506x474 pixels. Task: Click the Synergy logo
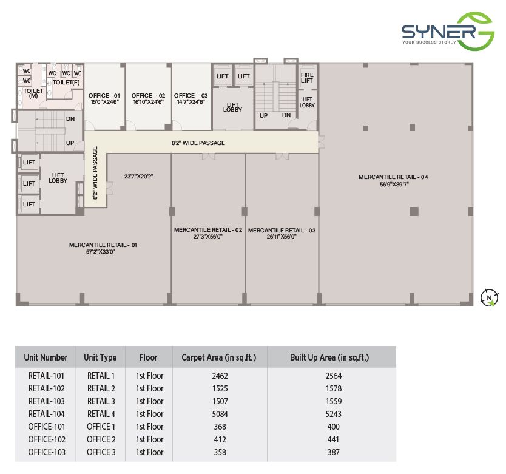pyautogui.click(x=448, y=32)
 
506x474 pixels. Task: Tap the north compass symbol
pyautogui.click(x=489, y=297)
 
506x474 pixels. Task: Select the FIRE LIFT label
pyautogui.click(x=307, y=78)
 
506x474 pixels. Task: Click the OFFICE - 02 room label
pyautogui.click(x=149, y=95)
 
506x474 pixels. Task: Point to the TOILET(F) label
pyautogui.click(x=66, y=83)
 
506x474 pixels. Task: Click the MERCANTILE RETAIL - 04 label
pyautogui.click(x=393, y=177)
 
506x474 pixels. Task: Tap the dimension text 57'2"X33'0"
pyautogui.click(x=101, y=252)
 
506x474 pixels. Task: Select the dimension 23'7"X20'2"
pyautogui.click(x=139, y=176)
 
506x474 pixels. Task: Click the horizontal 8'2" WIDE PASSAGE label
pyautogui.click(x=198, y=143)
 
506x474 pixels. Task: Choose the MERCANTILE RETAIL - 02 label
pyautogui.click(x=208, y=230)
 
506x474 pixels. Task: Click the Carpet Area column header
pyautogui.click(x=219, y=357)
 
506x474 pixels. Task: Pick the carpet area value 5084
pyautogui.click(x=220, y=414)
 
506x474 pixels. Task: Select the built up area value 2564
pyautogui.click(x=333, y=376)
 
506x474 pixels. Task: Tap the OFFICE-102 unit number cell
pyautogui.click(x=47, y=439)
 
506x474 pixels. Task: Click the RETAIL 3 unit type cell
pyautogui.click(x=101, y=401)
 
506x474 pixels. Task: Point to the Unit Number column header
pyautogui.click(x=46, y=357)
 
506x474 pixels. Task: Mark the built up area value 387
pyautogui.click(x=333, y=452)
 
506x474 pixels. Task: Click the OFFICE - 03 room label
pyautogui.click(x=191, y=95)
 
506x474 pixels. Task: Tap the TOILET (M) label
pyautogui.click(x=33, y=93)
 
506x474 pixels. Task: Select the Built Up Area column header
pyautogui.click(x=329, y=357)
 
